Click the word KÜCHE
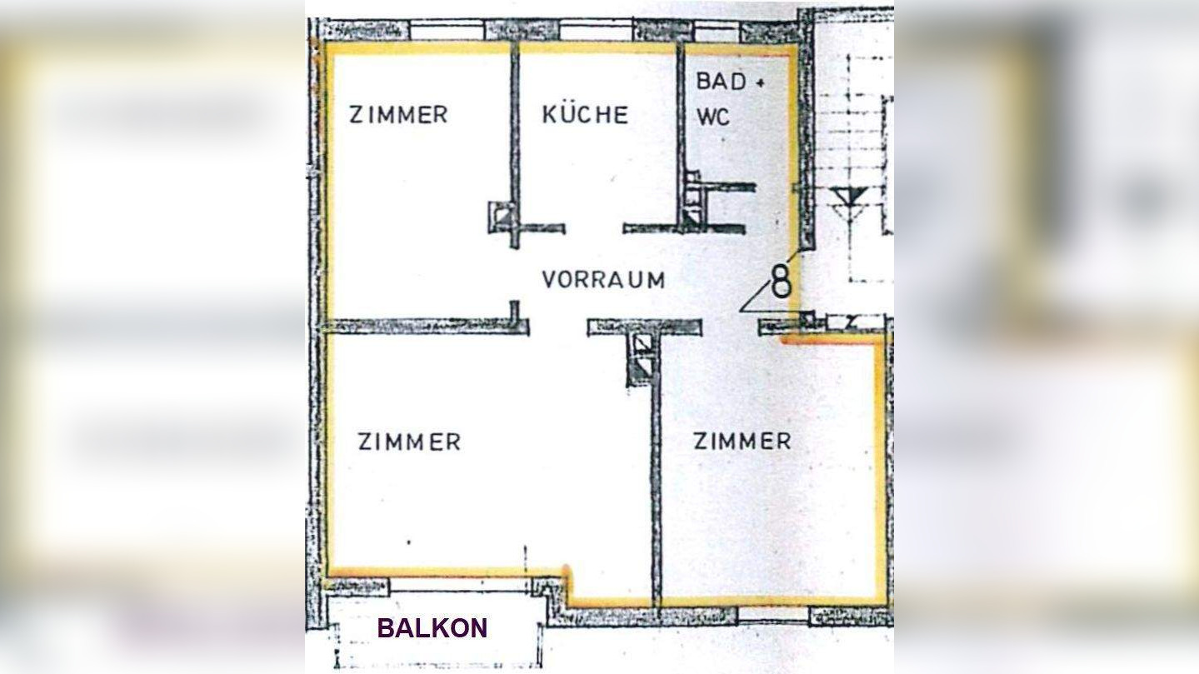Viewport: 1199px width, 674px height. (585, 114)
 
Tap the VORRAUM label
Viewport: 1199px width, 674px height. (603, 280)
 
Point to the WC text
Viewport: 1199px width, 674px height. (713, 117)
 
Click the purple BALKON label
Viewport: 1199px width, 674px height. (432, 628)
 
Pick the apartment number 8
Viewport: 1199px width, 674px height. (781, 282)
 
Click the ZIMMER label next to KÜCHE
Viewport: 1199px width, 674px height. (398, 114)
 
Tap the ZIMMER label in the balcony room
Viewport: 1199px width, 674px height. (409, 442)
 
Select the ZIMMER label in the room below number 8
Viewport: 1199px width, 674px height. (742, 441)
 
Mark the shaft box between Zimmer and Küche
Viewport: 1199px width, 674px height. (501, 217)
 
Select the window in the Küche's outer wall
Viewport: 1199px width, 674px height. (595, 31)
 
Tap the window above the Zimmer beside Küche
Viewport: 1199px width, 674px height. (447, 31)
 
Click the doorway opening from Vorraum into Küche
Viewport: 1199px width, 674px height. (594, 227)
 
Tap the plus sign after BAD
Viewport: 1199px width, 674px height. (759, 83)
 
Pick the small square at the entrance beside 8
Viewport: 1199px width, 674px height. (807, 319)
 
